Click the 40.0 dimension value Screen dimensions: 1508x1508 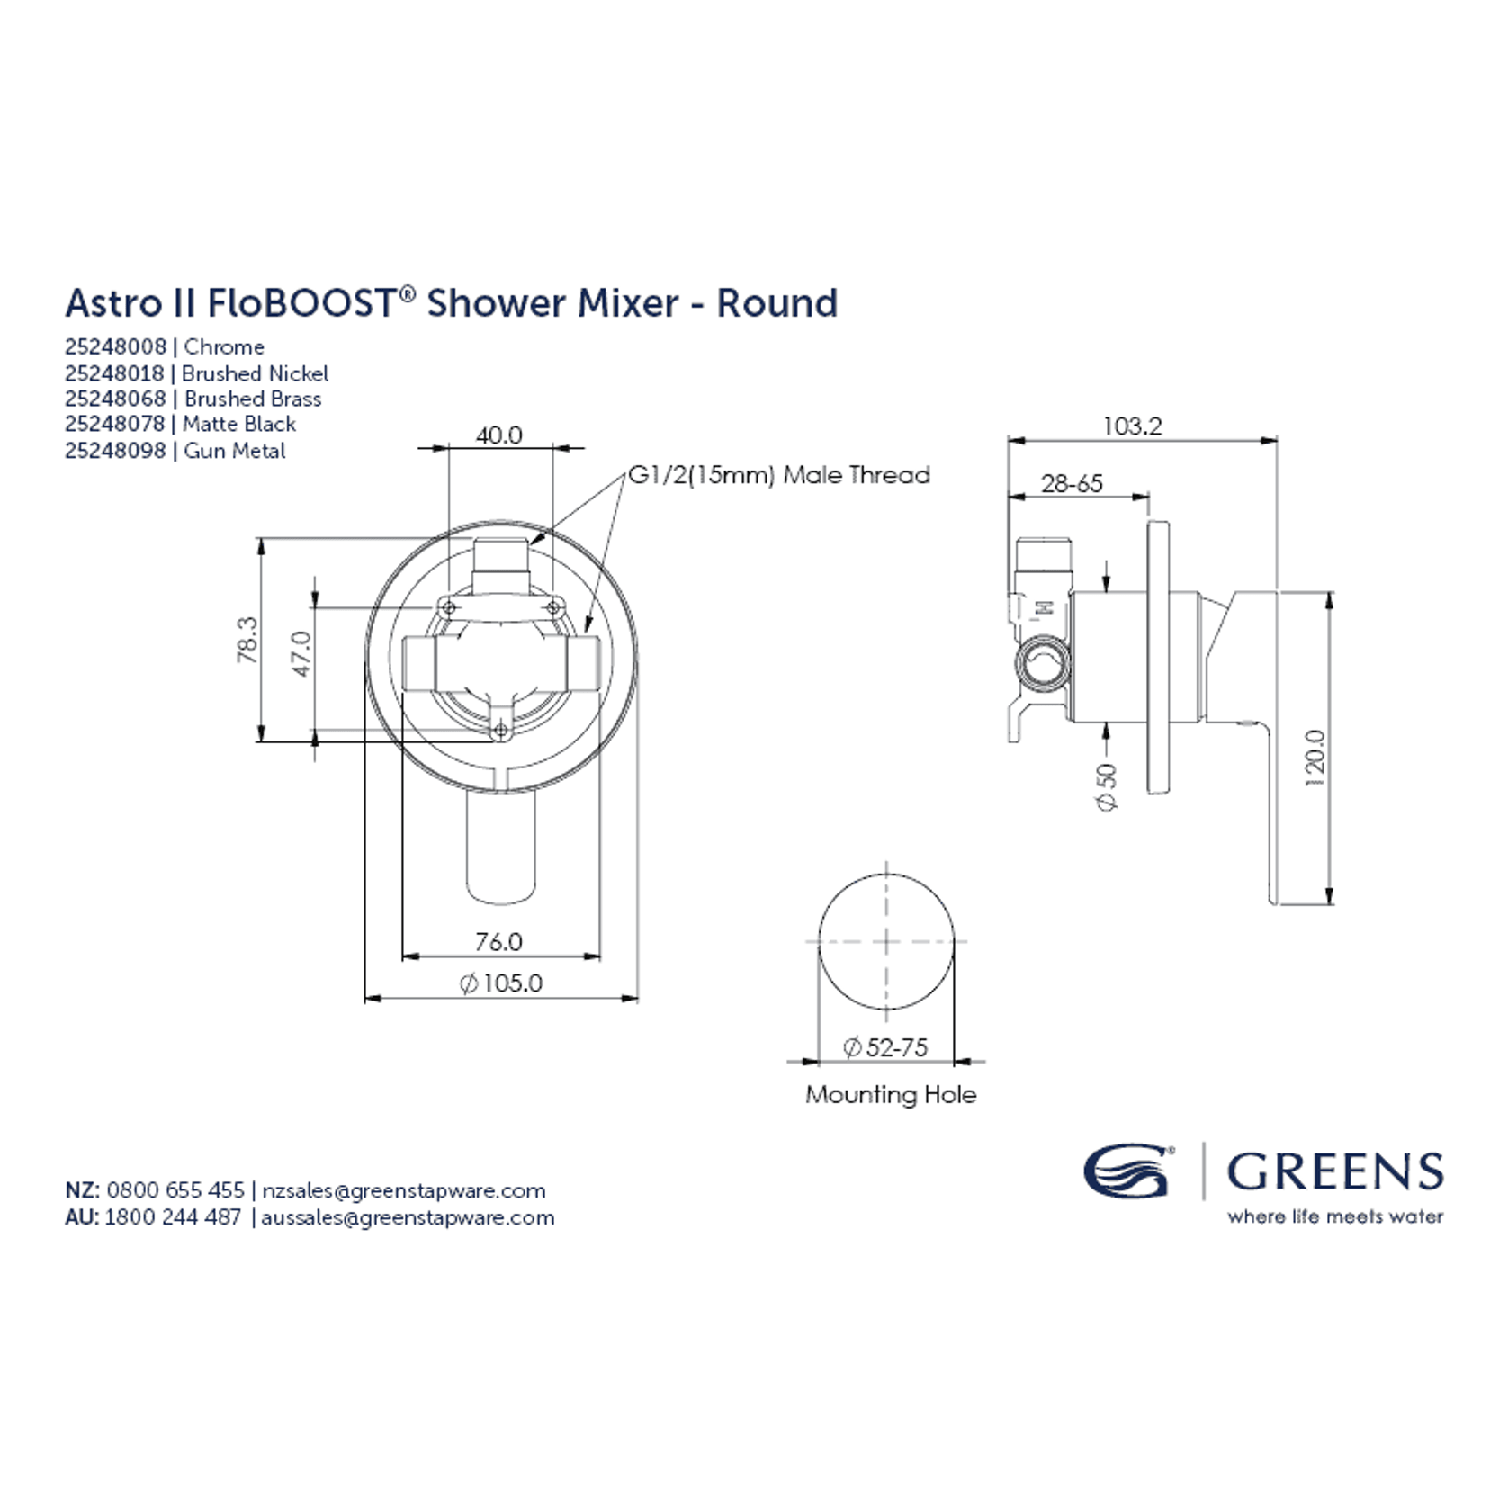tap(498, 435)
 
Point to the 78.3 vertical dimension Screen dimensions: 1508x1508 tap(247, 640)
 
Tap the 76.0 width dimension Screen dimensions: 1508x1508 tap(498, 941)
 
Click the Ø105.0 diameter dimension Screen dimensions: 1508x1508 tap(501, 983)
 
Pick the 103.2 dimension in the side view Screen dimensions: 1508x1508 tap(1132, 426)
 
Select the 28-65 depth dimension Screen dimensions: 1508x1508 tap(1072, 483)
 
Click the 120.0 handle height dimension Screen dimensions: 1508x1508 tap(1315, 758)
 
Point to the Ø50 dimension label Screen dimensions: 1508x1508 tap(1108, 787)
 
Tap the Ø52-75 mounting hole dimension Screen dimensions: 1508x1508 tap(885, 1047)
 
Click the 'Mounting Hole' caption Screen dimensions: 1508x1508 tap(891, 1095)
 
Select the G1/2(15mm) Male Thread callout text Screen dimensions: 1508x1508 tap(779, 475)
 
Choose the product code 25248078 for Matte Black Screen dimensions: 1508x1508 tap(115, 424)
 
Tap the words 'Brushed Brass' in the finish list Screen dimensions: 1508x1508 tap(253, 399)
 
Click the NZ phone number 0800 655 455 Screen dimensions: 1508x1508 tap(175, 1190)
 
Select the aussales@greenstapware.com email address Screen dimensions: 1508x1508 tap(408, 1217)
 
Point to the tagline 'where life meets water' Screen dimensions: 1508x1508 tap(1335, 1216)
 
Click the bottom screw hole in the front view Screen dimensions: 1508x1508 tap(501, 732)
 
